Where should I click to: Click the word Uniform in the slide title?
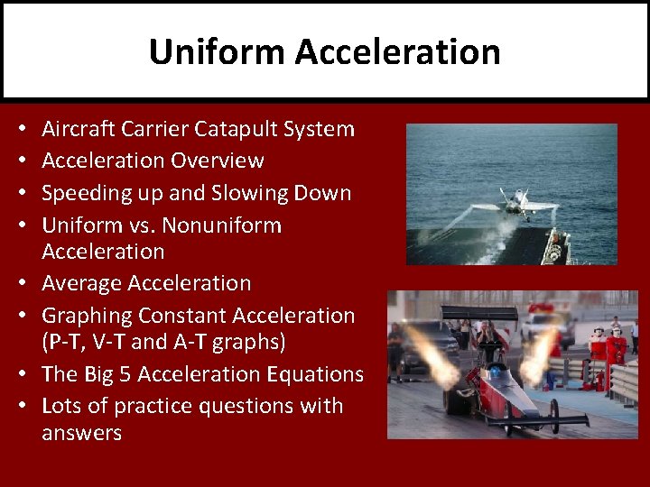click(x=217, y=51)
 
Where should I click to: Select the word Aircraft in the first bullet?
click(x=77, y=129)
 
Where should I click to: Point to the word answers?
click(x=81, y=433)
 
